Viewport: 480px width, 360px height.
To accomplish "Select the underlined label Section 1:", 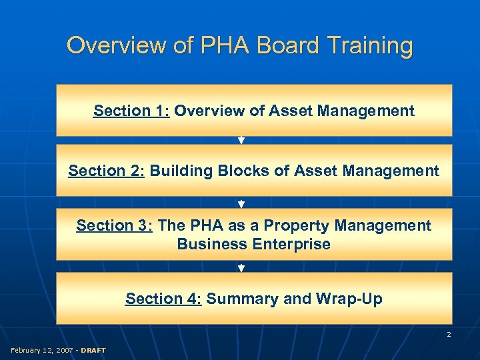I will coord(131,111).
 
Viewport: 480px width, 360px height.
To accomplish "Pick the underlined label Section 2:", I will coord(107,171).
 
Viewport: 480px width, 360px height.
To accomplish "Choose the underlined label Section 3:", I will coord(115,225).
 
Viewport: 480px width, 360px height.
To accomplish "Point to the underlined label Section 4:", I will coord(163,299).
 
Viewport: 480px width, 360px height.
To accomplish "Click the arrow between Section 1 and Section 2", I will coord(241,141).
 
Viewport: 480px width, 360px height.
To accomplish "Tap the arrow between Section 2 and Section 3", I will coord(241,204).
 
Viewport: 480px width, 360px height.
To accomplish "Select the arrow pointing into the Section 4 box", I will coord(241,268).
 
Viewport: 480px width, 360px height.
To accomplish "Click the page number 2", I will coord(449,334).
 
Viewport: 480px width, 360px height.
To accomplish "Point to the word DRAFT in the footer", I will coord(93,350).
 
